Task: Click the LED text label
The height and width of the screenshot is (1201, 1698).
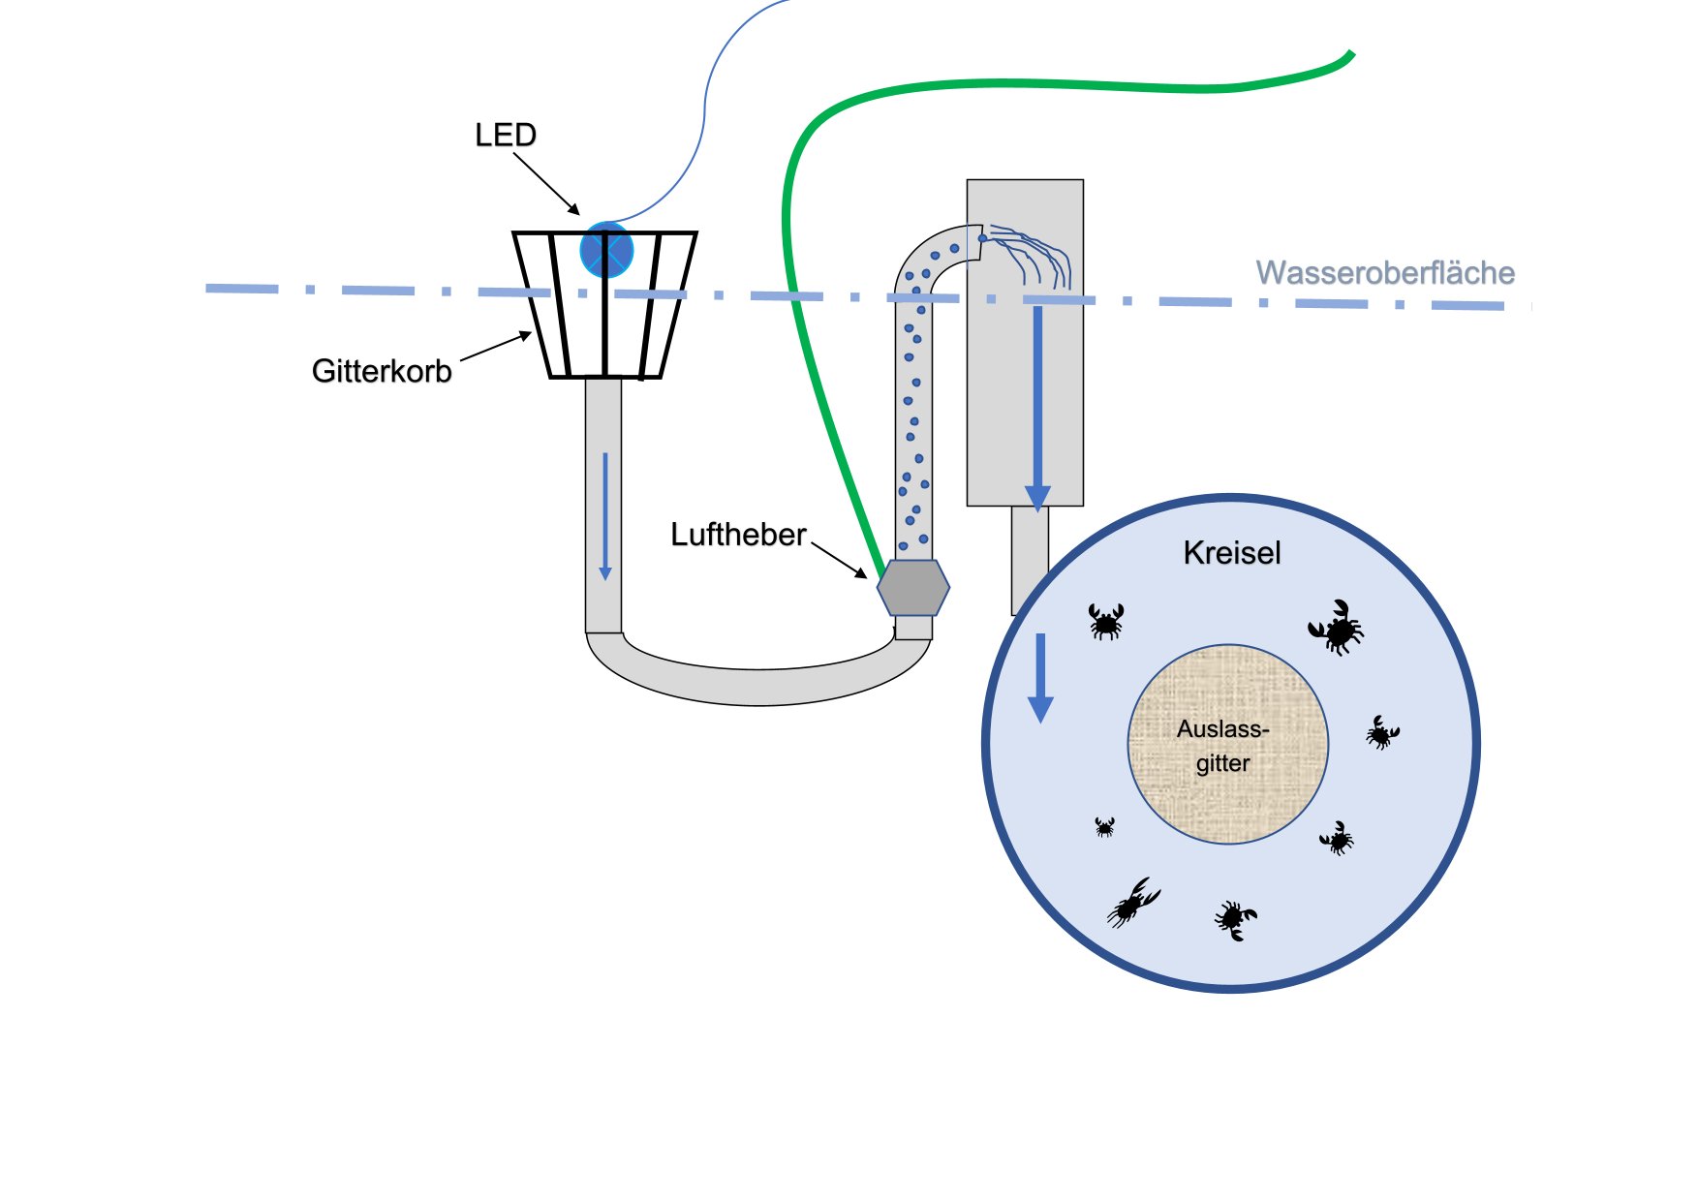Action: [505, 135]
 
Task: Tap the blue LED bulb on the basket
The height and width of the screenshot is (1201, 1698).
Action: [606, 250]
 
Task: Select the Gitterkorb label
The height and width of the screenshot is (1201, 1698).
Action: [382, 371]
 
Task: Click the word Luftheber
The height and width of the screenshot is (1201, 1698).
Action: [738, 535]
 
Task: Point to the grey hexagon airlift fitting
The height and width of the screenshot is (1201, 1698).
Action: [913, 587]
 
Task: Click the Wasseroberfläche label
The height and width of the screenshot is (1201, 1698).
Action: [1385, 273]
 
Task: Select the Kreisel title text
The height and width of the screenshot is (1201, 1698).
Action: [1232, 553]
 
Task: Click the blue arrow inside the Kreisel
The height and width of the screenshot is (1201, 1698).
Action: [1040, 678]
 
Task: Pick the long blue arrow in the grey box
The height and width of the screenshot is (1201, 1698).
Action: [1037, 407]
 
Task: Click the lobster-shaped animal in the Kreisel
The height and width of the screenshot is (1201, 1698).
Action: [1133, 903]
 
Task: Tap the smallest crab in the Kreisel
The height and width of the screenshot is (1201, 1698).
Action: [1104, 826]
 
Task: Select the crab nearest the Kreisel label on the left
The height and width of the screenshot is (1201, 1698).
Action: [1106, 622]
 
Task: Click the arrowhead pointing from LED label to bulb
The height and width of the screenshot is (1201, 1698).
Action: [575, 210]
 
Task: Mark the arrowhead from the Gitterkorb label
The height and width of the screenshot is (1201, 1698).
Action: [527, 335]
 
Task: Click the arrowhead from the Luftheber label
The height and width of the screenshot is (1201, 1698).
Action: [862, 573]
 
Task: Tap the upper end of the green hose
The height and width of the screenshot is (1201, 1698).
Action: [1349, 54]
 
